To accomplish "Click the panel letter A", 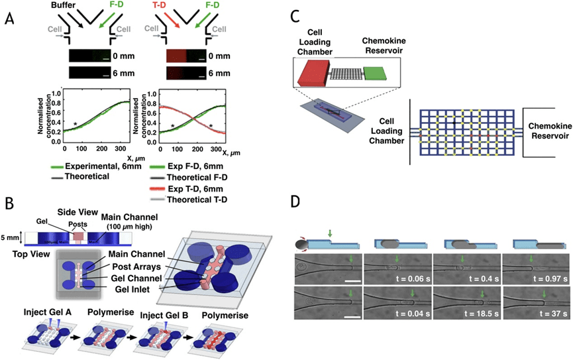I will [9, 20].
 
